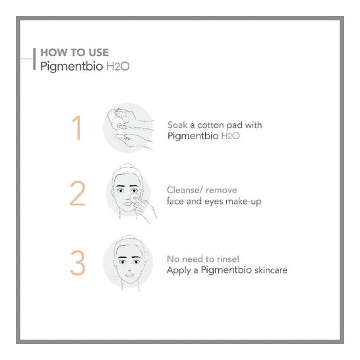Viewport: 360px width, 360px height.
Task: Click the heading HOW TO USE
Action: point(75,52)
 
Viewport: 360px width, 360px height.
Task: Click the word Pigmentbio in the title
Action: point(72,67)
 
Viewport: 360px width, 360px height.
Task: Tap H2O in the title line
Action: point(118,67)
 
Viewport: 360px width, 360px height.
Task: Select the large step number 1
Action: point(77,128)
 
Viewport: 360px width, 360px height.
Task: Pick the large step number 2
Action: point(78,193)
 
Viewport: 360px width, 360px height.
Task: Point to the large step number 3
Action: point(78,263)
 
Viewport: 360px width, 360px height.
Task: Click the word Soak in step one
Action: point(177,125)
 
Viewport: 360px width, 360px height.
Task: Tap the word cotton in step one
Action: point(210,125)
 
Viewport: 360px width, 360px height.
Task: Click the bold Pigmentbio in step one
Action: point(193,136)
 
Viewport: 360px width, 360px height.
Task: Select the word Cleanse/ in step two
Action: point(185,190)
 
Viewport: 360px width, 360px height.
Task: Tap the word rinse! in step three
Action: point(228,259)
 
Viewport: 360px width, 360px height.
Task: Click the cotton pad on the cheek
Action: point(135,198)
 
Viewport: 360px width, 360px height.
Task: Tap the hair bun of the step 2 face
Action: point(127,167)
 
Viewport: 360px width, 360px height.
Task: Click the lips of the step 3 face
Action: point(129,275)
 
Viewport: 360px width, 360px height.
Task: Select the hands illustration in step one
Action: point(131,128)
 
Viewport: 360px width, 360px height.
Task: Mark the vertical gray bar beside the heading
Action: point(34,59)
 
